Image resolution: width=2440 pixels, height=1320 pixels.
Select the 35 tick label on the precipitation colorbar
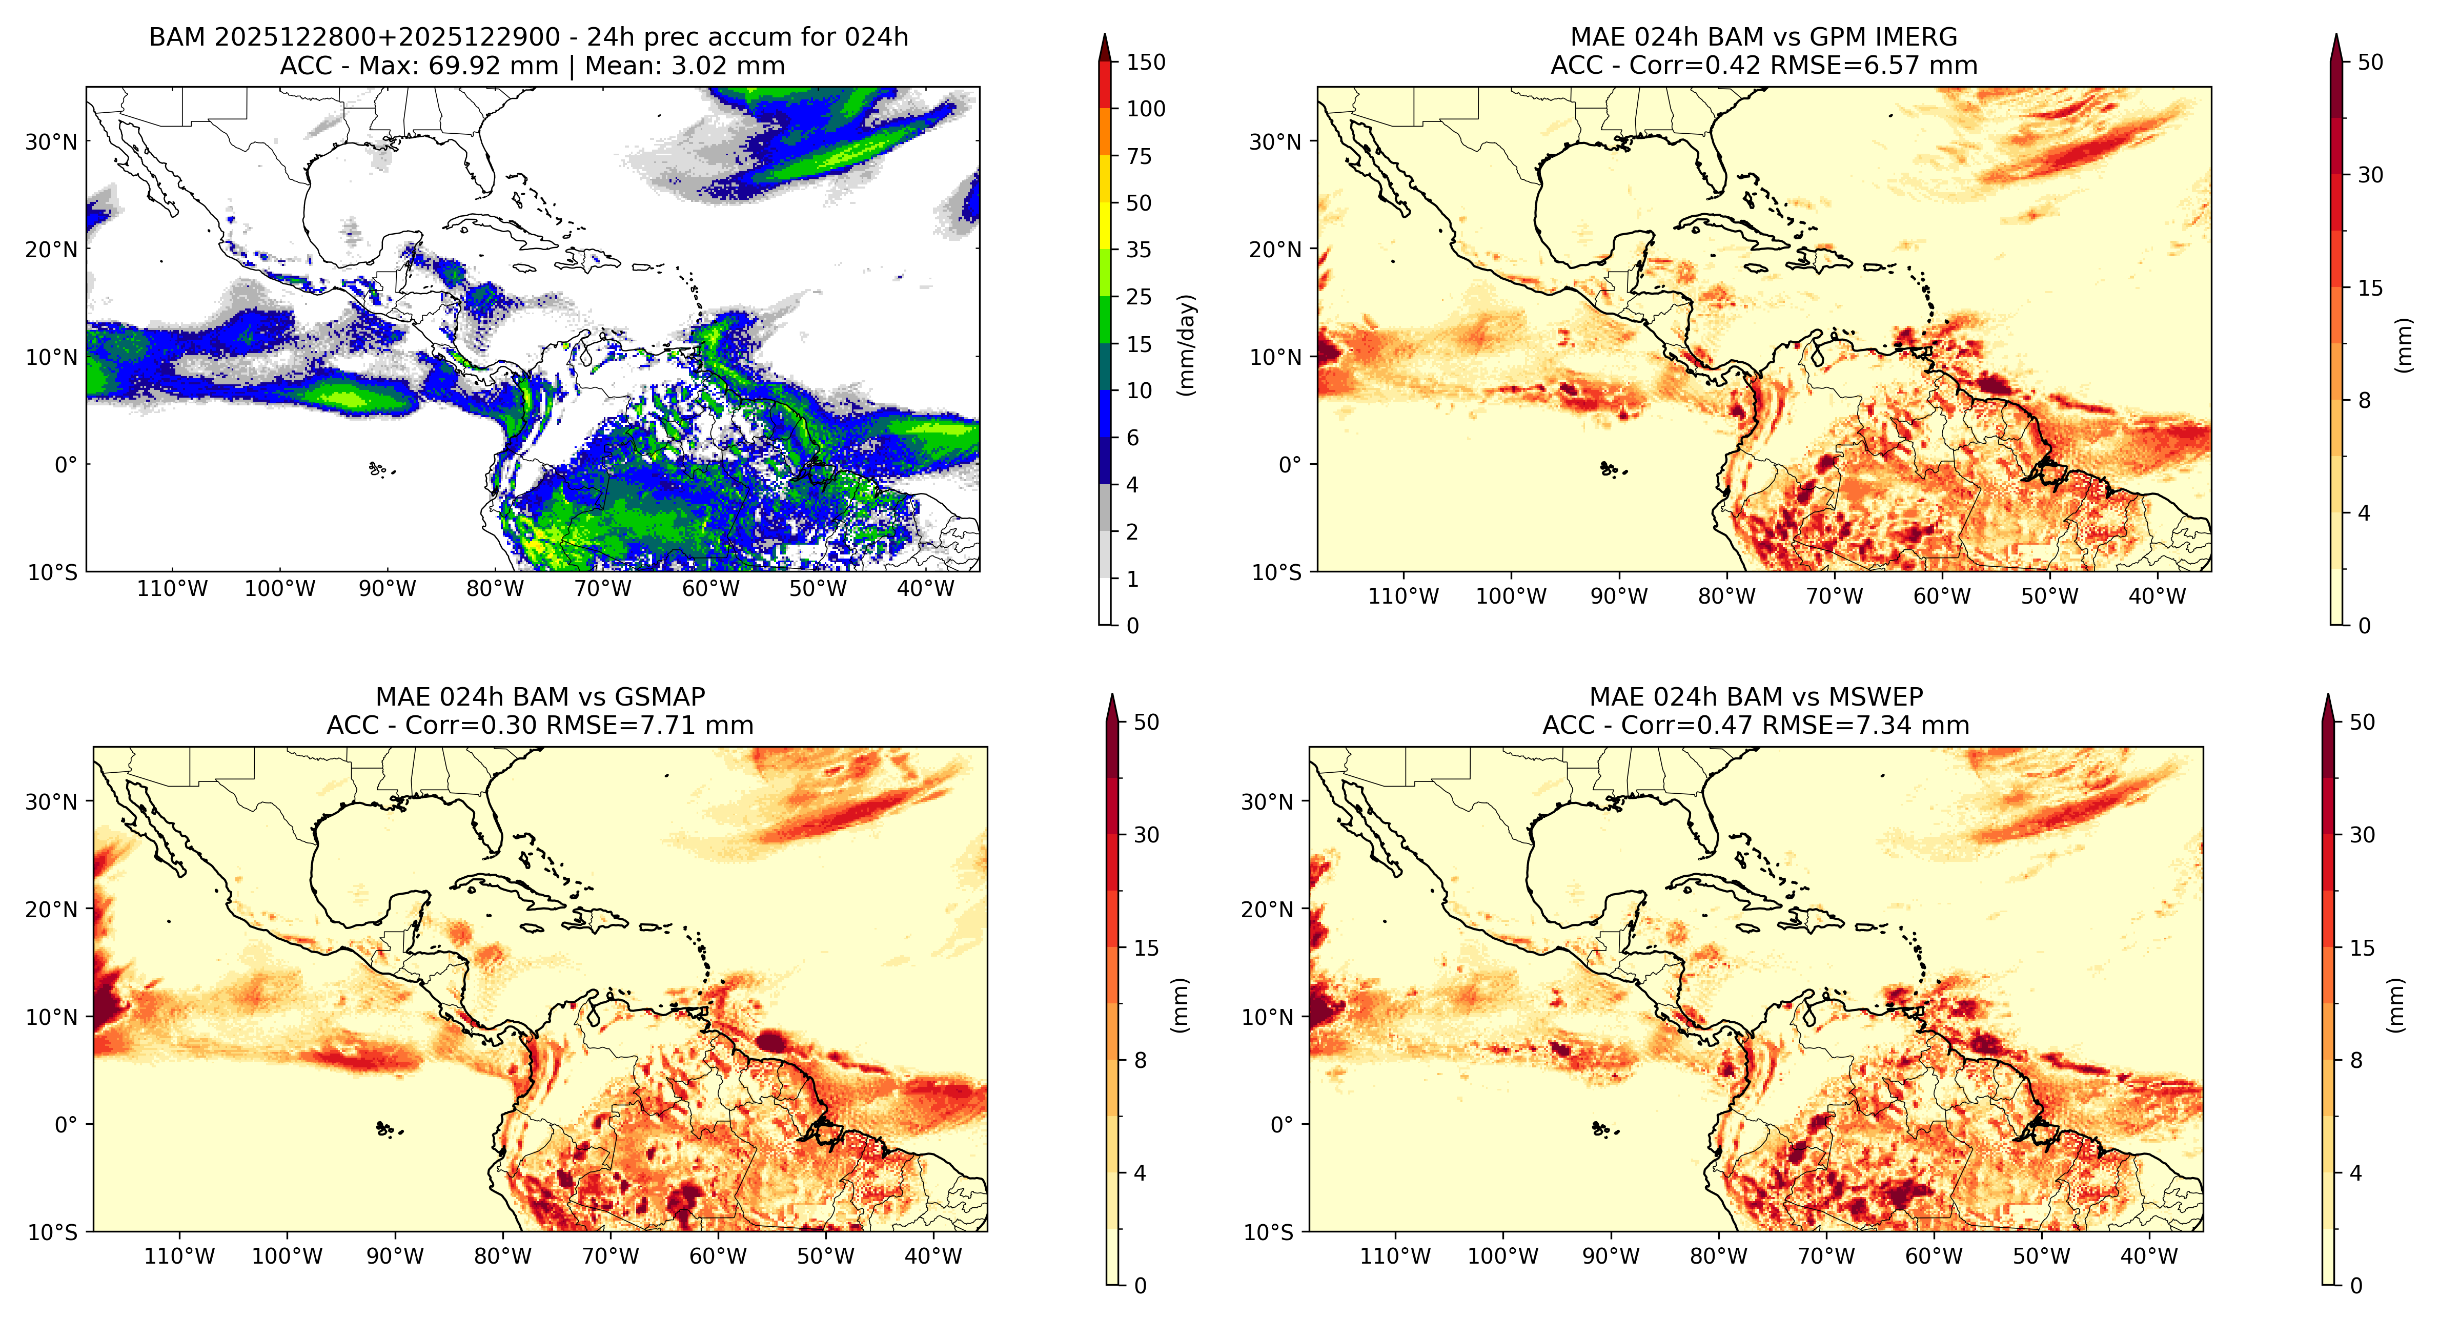click(1138, 250)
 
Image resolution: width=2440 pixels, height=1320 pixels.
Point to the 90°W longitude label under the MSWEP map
click(1610, 1256)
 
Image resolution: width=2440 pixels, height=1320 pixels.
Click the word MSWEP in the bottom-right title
click(1876, 697)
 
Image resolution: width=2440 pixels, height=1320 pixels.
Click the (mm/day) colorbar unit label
click(1186, 345)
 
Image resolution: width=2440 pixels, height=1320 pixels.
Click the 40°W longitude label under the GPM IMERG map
click(2157, 596)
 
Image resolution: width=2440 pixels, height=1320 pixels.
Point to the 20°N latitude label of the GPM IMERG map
click(1275, 250)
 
